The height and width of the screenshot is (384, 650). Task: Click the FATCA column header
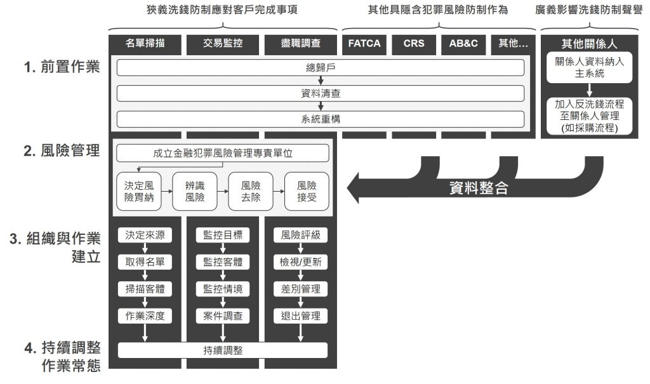(x=364, y=44)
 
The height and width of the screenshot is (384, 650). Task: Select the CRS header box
(x=414, y=44)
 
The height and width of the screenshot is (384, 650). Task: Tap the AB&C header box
(x=463, y=44)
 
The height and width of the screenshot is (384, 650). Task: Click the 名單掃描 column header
(x=145, y=44)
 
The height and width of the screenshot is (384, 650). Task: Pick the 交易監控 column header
(x=223, y=44)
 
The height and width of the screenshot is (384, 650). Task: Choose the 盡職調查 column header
(x=300, y=44)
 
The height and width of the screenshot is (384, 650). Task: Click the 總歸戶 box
(x=321, y=67)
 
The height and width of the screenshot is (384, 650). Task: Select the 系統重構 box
(x=321, y=119)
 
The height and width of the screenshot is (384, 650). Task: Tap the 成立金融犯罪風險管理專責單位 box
(x=223, y=154)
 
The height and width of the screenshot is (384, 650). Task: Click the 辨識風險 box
(x=195, y=192)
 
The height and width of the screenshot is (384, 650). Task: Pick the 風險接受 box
(x=307, y=192)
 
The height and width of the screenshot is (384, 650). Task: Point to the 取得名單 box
(x=145, y=262)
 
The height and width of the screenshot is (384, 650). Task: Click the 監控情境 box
(x=223, y=289)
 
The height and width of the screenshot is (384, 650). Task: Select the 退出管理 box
(x=300, y=316)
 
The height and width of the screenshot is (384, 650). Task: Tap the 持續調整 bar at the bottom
(x=223, y=350)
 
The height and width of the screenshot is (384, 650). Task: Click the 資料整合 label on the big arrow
(x=479, y=188)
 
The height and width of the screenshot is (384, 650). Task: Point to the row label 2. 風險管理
(x=62, y=150)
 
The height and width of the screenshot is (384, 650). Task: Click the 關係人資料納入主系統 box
(x=589, y=67)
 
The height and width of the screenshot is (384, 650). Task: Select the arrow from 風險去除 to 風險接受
(x=279, y=192)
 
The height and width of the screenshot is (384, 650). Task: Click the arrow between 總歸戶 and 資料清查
(x=321, y=81)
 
